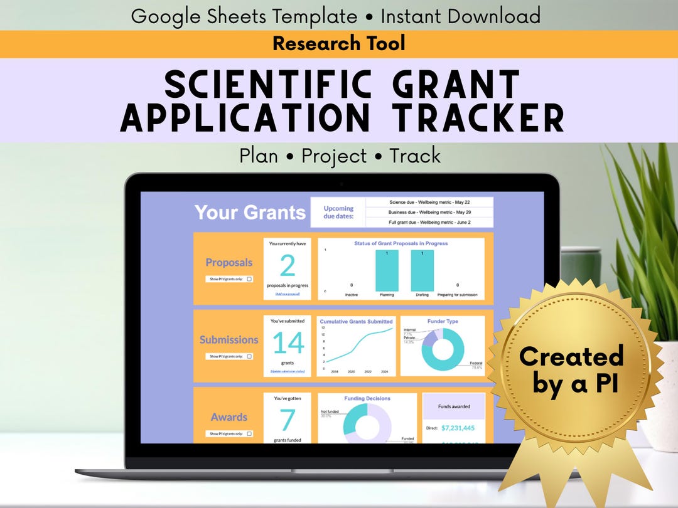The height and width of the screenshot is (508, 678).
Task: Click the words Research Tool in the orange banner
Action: [x=339, y=43]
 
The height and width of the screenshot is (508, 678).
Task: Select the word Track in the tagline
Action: [x=414, y=156]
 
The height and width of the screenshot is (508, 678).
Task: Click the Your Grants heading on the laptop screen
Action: [x=250, y=212]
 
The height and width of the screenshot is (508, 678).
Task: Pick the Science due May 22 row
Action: [x=429, y=202]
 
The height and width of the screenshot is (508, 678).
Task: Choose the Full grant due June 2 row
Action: [x=429, y=222]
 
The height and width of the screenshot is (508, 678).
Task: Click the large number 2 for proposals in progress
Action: [x=287, y=266]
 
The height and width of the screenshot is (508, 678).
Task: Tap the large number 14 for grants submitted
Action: [x=288, y=343]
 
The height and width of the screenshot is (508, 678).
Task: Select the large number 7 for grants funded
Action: [x=288, y=420]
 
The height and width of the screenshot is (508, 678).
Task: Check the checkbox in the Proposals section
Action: [x=249, y=279]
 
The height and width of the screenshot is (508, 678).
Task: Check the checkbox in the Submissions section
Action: [x=249, y=356]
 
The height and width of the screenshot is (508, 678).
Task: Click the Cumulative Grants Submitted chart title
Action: [x=356, y=322]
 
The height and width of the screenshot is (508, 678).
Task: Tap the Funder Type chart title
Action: [x=443, y=322]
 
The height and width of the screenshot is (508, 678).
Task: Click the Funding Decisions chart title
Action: [x=367, y=398]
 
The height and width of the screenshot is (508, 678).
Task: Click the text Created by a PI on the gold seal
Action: [x=571, y=369]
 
